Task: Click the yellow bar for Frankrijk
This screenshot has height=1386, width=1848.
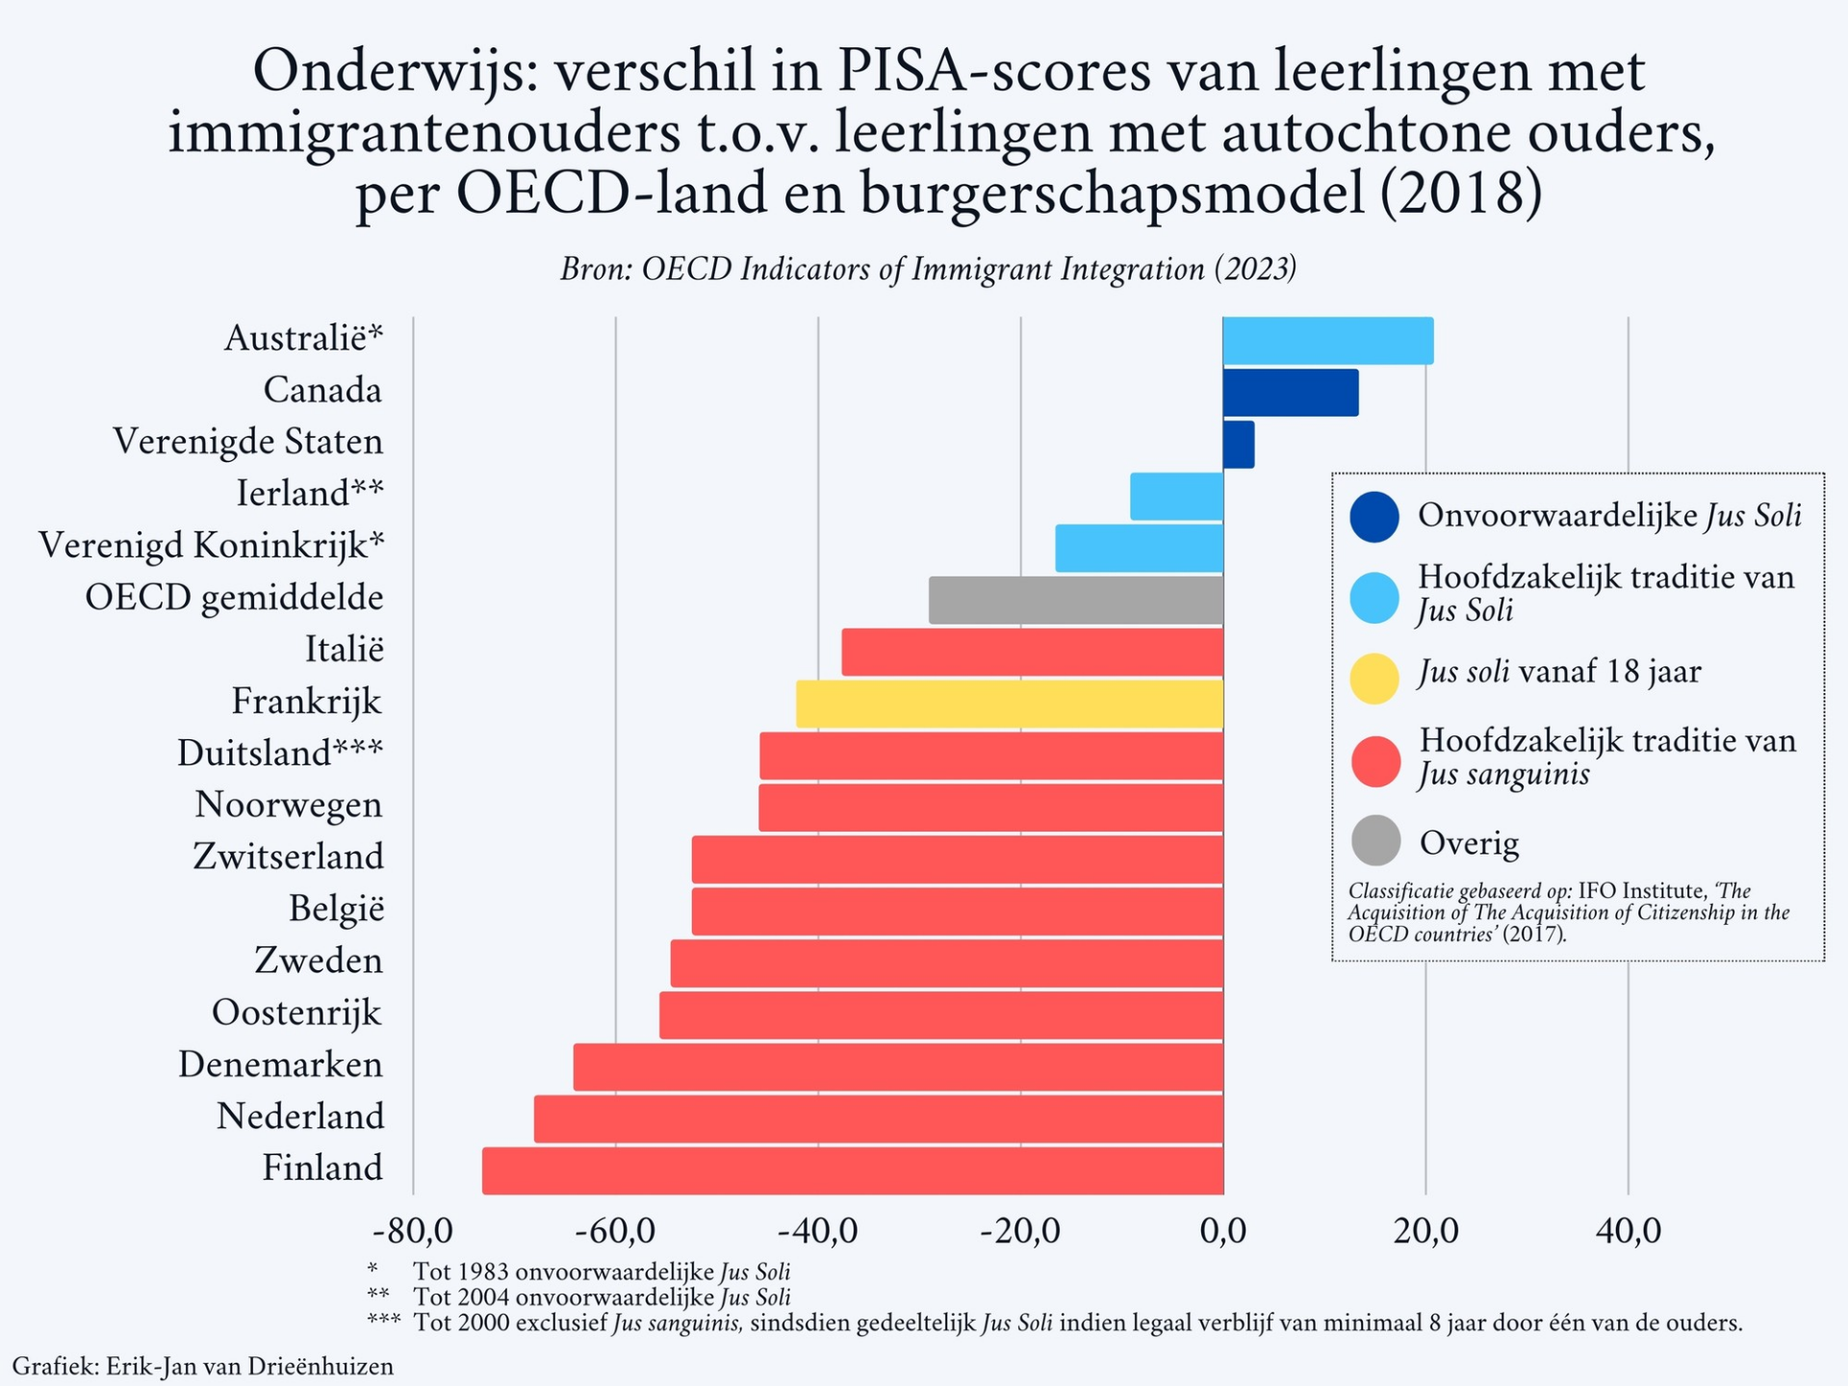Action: coord(1010,704)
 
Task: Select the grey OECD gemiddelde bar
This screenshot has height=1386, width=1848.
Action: coord(1076,600)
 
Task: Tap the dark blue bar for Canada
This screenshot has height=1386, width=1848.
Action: coord(1290,393)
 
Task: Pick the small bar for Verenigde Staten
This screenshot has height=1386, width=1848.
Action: coord(1239,445)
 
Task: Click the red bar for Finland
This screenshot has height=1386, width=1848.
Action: coord(853,1170)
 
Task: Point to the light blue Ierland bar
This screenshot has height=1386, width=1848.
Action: coord(1176,497)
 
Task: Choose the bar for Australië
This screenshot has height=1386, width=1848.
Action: coord(1328,341)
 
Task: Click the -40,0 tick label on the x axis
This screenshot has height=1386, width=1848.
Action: coord(817,1231)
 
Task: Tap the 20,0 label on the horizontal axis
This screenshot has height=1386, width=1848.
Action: coord(1425,1231)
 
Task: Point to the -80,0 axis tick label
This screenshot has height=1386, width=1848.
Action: coord(413,1231)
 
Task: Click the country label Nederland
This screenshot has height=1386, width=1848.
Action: coord(300,1116)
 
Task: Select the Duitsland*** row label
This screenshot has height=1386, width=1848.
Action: coord(280,753)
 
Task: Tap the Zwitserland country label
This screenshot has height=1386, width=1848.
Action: coord(288,857)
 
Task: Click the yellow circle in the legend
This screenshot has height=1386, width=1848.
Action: coord(1373,679)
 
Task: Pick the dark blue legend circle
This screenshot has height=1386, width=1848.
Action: coord(1373,517)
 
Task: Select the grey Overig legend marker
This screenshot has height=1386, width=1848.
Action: coord(1375,841)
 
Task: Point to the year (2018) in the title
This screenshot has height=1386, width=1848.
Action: coord(1460,192)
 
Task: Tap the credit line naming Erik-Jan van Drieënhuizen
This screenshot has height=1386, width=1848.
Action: coord(203,1366)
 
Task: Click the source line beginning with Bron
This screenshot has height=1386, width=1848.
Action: coord(928,269)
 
